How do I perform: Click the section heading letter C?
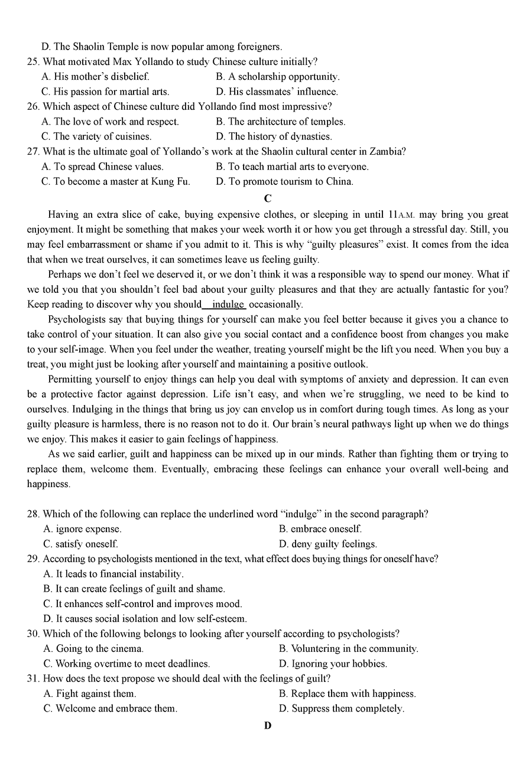click(268, 198)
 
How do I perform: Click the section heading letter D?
click(268, 725)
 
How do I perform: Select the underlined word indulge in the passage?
click(228, 305)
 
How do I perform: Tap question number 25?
click(33, 62)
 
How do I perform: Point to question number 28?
click(33, 514)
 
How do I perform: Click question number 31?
click(33, 679)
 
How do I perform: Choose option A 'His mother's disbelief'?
click(95, 77)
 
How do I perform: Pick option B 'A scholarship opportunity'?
click(277, 77)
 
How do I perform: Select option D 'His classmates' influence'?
click(277, 92)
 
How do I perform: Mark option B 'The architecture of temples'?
click(280, 122)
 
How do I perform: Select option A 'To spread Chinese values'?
click(102, 167)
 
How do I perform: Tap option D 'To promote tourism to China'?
click(284, 182)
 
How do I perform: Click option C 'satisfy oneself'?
click(81, 544)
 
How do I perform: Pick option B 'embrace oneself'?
click(320, 529)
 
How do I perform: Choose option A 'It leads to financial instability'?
click(113, 574)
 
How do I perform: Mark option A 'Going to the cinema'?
click(93, 649)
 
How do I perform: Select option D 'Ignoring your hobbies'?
click(333, 664)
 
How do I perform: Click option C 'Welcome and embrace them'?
click(110, 709)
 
